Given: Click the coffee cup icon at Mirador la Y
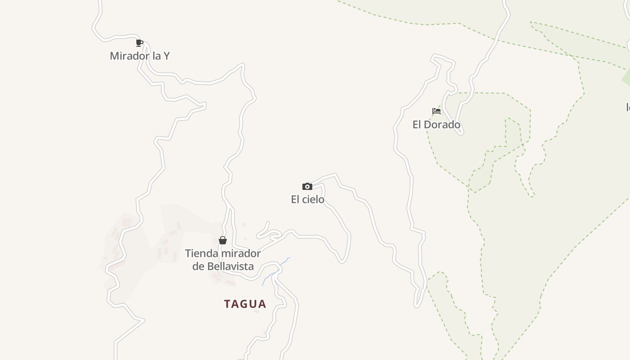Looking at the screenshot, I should [139, 43].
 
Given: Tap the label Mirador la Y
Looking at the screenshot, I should [139, 56].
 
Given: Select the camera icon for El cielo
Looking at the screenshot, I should [307, 186].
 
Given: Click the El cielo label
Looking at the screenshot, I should [307, 199].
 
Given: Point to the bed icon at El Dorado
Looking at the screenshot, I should [436, 111].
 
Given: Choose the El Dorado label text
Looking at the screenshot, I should [436, 125].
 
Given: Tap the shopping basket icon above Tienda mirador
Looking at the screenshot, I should [222, 240].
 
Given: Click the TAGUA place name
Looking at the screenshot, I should [245, 304].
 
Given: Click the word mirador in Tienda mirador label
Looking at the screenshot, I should [240, 254].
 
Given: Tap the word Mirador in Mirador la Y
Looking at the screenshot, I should [129, 56].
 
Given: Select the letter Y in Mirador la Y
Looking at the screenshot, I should [166, 56].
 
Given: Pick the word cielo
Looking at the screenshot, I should [313, 199].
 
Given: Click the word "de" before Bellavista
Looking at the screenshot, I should [198, 266].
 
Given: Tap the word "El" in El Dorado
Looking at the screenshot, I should [417, 125].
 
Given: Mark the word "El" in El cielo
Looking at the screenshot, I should [295, 199].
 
